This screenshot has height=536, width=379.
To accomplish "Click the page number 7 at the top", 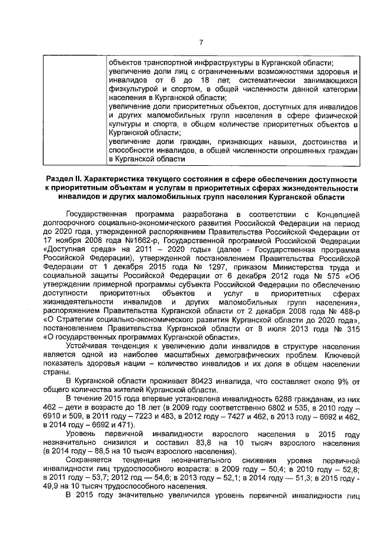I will (x=201, y=42).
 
